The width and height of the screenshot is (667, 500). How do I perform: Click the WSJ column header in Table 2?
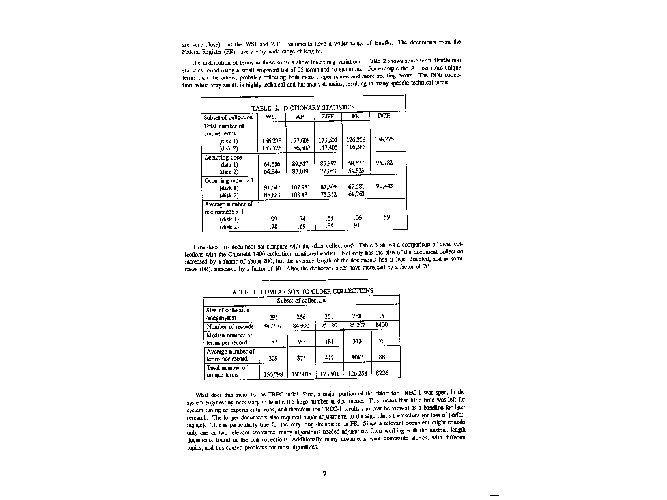[272, 117]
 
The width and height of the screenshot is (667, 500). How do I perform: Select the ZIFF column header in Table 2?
[328, 117]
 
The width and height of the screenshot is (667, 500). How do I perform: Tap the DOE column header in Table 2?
[384, 117]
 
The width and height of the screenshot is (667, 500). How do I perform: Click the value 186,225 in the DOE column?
[384, 139]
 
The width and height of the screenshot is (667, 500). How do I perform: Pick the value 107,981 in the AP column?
[300, 187]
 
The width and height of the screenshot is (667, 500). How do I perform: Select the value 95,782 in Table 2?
[384, 163]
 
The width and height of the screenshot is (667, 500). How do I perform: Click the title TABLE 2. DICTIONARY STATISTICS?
[303, 107]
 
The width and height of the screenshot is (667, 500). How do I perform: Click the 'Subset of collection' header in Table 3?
[301, 301]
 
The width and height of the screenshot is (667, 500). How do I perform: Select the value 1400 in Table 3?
[382, 325]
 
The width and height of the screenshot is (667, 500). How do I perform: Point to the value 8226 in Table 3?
[382, 374]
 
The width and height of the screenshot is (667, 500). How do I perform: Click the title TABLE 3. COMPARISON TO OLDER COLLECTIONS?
[300, 292]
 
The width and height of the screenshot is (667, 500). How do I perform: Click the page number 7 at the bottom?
[323, 473]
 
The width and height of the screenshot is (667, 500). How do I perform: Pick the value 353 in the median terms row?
[301, 342]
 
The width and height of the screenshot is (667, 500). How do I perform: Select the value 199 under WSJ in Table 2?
[272, 219]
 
